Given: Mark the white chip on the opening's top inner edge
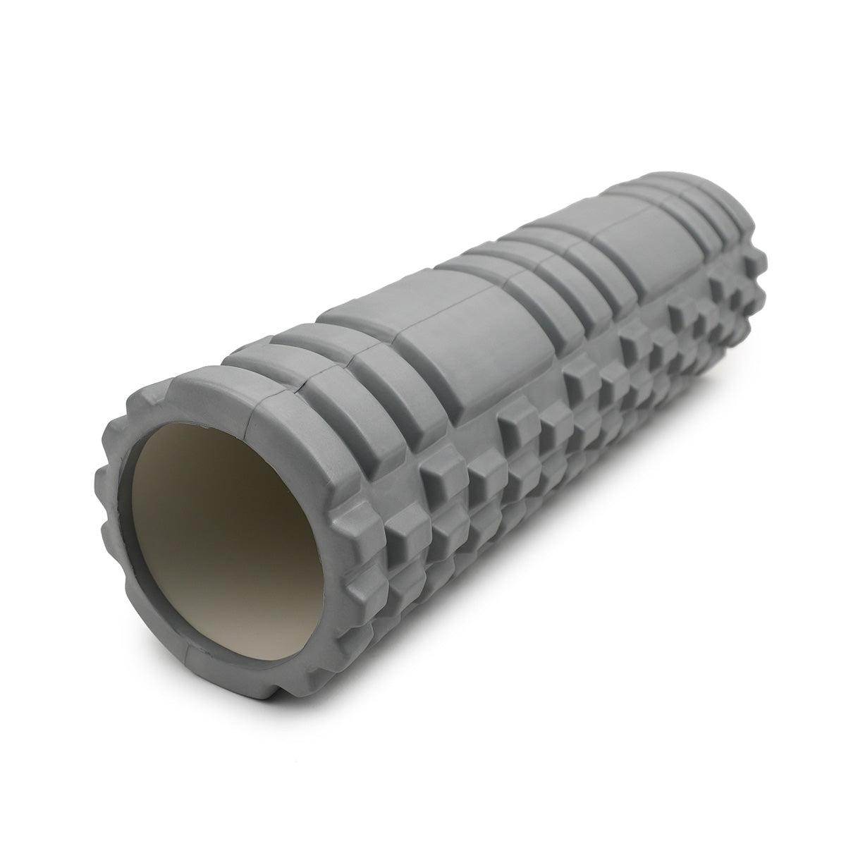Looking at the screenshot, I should (204, 427).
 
